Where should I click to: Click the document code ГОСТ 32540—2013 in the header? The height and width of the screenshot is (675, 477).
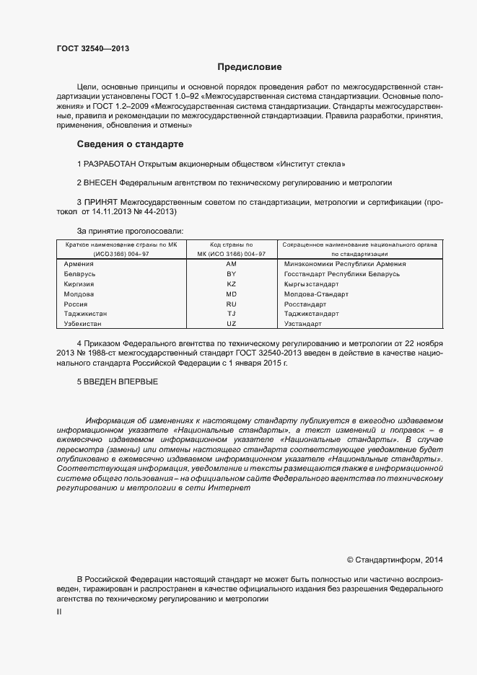click(93, 50)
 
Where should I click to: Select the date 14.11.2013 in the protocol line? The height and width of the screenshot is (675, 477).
click(113, 212)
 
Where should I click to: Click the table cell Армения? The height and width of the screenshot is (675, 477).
click(79, 264)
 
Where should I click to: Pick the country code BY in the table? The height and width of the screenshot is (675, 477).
click(231, 274)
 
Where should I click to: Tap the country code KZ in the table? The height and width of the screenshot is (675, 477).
click(231, 284)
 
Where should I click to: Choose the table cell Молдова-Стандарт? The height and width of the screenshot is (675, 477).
click(316, 294)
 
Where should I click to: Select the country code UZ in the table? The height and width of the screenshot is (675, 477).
click(231, 325)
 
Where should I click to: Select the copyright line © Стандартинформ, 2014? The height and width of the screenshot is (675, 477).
click(395, 559)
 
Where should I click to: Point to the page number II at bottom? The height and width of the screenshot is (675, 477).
click(58, 612)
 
